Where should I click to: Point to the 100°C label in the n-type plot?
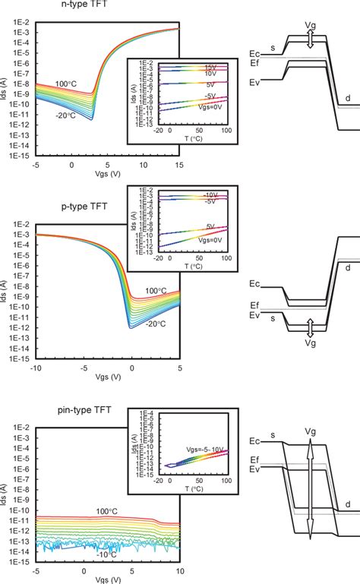pos(66,84)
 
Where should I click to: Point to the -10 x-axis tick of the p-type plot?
pos(35,368)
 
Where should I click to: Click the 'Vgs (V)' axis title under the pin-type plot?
pos(107,579)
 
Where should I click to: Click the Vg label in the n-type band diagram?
pos(311,25)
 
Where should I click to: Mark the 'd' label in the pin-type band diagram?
pos(346,503)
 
